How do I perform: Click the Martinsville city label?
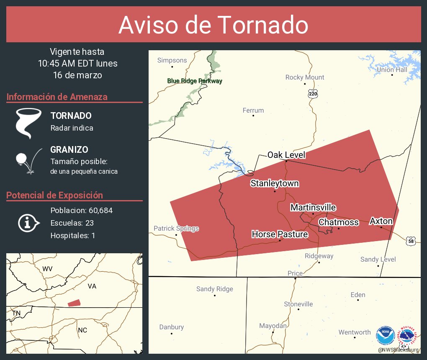pos(313,207)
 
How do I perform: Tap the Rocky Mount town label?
pos(305,77)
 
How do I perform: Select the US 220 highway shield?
pos(313,94)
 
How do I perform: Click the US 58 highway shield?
pos(411,241)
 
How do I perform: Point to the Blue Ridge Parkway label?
pos(195,81)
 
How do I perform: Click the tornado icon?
pos(28,123)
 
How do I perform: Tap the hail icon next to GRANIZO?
pos(28,160)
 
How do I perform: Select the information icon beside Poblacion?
pos(28,223)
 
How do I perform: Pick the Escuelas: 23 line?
pos(72,223)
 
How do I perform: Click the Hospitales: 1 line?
pos(73,236)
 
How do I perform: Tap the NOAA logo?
pos(385,336)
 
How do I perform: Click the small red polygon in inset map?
pos(74,303)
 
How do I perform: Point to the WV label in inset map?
pos(47,269)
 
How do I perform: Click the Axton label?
pos(381,221)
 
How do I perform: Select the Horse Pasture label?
pos(280,234)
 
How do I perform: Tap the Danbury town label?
pos(171,327)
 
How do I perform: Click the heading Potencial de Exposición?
pos(54,195)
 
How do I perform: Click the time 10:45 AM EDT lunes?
pos(77,64)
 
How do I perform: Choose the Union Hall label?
pos(392,69)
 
